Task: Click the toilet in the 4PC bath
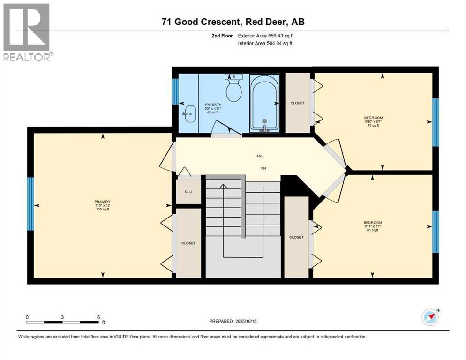(233, 88)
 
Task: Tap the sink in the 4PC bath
(190, 113)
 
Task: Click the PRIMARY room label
(102, 202)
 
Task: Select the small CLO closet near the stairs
(188, 192)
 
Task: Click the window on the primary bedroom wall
(30, 203)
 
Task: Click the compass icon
(429, 317)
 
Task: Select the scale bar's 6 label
(98, 317)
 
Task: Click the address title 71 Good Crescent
(233, 22)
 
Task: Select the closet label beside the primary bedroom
(188, 243)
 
